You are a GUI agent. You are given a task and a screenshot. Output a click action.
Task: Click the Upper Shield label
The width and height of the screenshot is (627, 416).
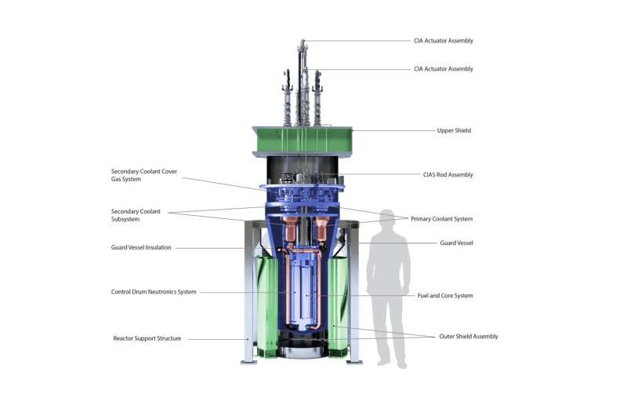click(454, 130)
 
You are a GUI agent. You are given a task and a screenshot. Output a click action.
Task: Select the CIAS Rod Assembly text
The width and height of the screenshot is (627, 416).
click(448, 174)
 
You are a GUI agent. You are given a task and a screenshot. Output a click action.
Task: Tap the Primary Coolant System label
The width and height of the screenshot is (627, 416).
click(441, 219)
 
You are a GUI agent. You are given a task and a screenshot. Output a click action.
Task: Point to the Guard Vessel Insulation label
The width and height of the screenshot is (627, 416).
click(141, 247)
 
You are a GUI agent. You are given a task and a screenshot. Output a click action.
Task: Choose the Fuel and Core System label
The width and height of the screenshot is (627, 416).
click(445, 295)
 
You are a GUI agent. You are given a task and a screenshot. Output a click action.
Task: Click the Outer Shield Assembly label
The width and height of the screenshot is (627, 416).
click(469, 336)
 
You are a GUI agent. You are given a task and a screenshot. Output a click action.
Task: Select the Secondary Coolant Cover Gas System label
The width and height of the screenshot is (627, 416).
click(144, 175)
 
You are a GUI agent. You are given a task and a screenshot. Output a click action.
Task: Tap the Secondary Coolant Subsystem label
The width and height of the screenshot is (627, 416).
click(136, 215)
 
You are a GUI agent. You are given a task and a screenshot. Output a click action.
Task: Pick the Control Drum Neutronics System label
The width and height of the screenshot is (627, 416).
click(154, 292)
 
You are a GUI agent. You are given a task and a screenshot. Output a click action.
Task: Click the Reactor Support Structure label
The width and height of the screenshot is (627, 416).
click(147, 338)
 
